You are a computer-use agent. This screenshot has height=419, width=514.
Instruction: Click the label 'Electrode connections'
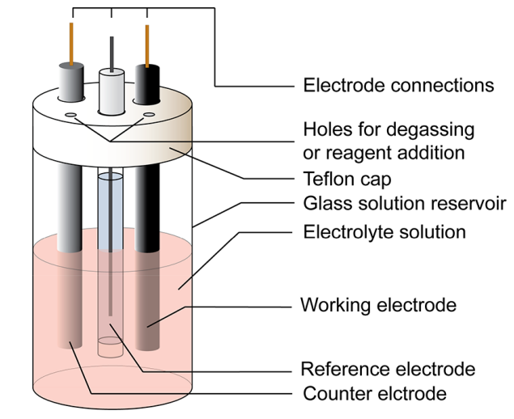(x=397, y=85)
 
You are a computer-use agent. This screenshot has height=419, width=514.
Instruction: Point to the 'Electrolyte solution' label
(x=384, y=232)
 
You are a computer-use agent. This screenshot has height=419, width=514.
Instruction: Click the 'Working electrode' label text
(x=378, y=305)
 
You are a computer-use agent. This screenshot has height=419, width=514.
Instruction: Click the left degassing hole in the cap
(x=71, y=116)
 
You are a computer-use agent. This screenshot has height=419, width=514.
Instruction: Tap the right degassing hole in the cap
(x=148, y=116)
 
